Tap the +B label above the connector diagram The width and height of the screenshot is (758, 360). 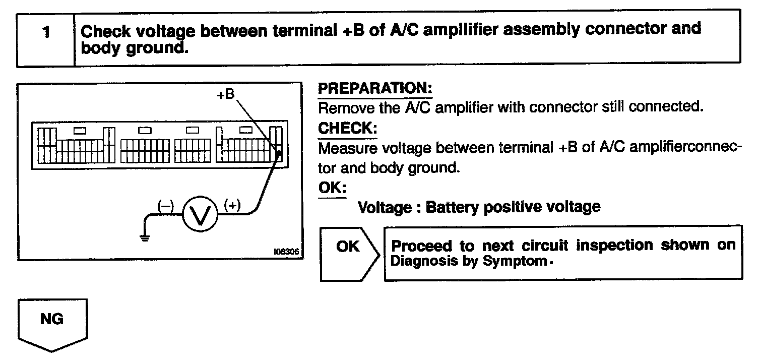[x=226, y=94]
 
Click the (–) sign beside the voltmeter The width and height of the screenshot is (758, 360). [x=166, y=206]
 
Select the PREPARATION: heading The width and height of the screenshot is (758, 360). [x=375, y=89]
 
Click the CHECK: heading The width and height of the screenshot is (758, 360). [x=347, y=129]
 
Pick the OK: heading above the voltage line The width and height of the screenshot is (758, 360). [x=333, y=187]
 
